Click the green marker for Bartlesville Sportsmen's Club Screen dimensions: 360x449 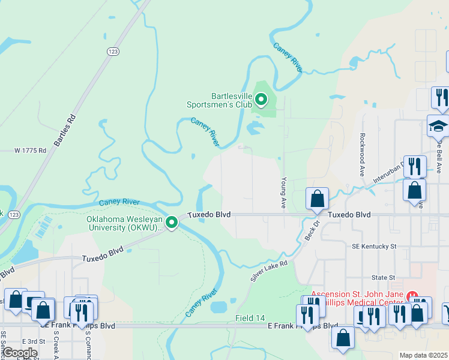click(x=261, y=99)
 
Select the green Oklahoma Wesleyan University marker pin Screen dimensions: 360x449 click(x=172, y=223)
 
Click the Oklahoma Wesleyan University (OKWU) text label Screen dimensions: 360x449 click(x=124, y=223)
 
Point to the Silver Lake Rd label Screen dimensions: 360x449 click(x=270, y=271)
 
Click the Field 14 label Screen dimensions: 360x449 click(x=250, y=317)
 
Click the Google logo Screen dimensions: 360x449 click(x=19, y=353)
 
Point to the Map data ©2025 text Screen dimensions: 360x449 click(x=423, y=355)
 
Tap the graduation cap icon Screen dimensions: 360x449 click(x=438, y=127)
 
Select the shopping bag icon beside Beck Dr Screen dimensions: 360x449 click(x=317, y=199)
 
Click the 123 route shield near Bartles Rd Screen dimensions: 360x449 click(x=112, y=52)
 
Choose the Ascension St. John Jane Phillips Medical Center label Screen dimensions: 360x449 click(x=358, y=302)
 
